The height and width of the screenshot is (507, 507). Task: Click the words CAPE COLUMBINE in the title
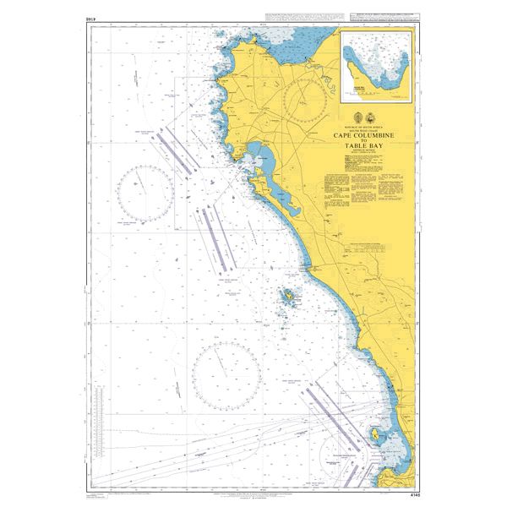pyautogui.click(x=365, y=134)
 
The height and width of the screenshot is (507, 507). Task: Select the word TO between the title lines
pyautogui.click(x=365, y=140)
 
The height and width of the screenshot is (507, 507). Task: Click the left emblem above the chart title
pyautogui.click(x=356, y=117)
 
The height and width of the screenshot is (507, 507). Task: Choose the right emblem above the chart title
pyautogui.click(x=374, y=117)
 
